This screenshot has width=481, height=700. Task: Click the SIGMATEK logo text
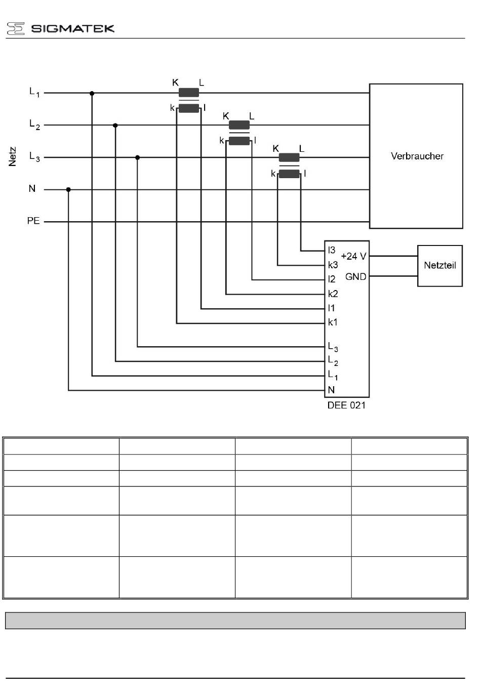(72, 28)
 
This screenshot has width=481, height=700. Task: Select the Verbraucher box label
(417, 156)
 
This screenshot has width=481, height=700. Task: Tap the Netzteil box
(439, 266)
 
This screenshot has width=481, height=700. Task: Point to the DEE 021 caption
(346, 405)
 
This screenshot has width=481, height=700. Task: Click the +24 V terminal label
(353, 257)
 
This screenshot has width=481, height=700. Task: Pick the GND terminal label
(355, 277)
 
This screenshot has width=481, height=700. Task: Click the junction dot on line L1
(92, 93)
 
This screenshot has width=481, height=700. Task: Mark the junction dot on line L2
(115, 125)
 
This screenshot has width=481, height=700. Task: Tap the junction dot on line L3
(137, 157)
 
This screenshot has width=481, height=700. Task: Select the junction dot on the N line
(68, 190)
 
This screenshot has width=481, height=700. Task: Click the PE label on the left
(33, 221)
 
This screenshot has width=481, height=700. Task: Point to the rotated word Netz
(13, 156)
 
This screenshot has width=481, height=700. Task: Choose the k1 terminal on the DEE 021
(333, 322)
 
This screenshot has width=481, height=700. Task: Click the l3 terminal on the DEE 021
(332, 251)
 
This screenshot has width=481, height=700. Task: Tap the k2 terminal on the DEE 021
(333, 294)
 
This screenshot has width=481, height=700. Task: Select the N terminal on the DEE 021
(331, 390)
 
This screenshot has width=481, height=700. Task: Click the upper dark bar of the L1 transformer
(189, 93)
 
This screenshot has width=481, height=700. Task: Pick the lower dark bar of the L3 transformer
(289, 174)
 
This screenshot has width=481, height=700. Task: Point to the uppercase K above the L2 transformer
(226, 116)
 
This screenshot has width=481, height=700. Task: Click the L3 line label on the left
(34, 157)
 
